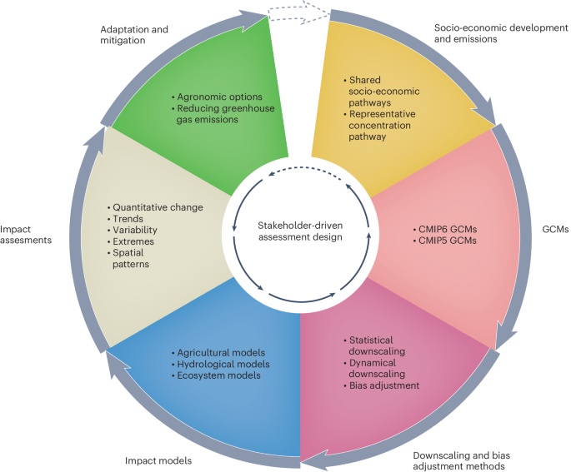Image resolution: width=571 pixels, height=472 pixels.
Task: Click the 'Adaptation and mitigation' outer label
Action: (133, 34)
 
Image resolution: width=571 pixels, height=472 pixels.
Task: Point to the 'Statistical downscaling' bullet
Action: (373, 345)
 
